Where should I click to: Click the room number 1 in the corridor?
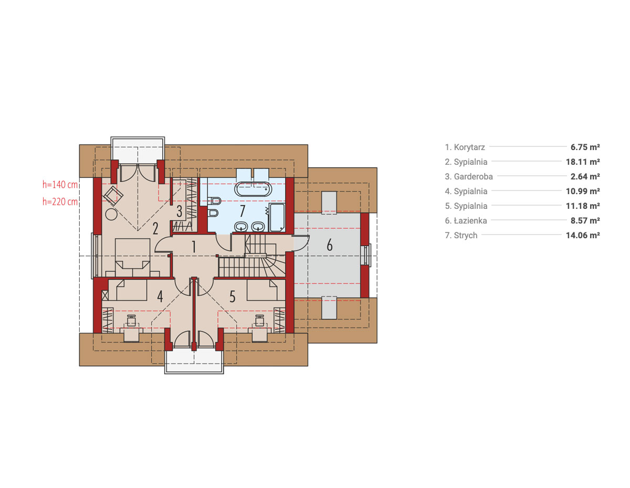tap(194, 247)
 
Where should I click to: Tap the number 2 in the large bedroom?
tap(155, 229)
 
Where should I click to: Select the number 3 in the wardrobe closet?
tap(180, 211)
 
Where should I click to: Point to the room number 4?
tap(160, 296)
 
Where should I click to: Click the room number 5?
tap(232, 297)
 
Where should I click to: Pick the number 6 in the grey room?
tap(330, 245)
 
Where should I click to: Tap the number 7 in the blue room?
tap(243, 211)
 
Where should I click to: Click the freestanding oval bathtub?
tap(253, 189)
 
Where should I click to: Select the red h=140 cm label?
tap(60, 184)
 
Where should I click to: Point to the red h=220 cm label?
tap(60, 201)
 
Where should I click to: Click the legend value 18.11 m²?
tap(583, 162)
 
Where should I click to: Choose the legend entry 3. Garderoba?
tap(469, 176)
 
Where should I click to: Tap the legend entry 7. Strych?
tap(461, 235)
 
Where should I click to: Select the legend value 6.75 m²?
tap(585, 147)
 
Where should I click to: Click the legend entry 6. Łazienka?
tap(466, 220)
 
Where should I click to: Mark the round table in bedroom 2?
tap(111, 215)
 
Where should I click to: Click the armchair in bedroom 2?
tap(113, 196)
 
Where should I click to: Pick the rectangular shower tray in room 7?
tap(277, 217)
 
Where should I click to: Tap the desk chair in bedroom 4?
tap(131, 321)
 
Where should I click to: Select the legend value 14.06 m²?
tap(583, 235)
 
